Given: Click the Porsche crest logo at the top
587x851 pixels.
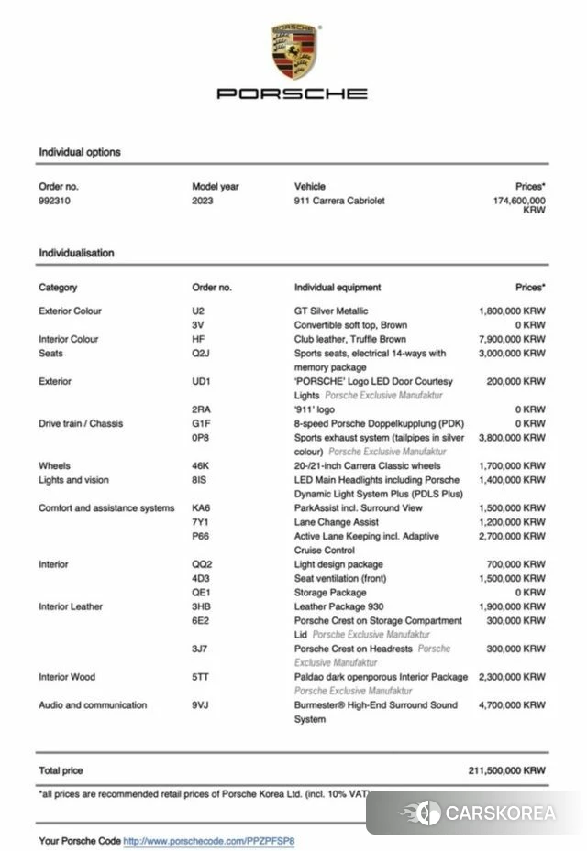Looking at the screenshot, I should (294, 51).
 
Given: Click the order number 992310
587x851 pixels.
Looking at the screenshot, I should (54, 201).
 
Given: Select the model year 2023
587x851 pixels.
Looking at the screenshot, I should (203, 201).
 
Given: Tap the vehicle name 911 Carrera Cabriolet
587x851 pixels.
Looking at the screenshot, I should (339, 201).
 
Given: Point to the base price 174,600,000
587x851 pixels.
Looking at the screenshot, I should (519, 201).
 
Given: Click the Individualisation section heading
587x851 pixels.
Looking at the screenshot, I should (76, 253).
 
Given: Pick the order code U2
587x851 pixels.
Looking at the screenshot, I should (198, 311).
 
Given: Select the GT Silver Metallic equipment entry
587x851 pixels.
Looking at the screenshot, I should (331, 311).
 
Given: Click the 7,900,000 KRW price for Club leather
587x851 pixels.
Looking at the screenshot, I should (512, 339).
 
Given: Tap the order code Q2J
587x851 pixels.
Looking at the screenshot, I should (201, 353).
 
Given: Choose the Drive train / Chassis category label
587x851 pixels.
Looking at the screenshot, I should (81, 423).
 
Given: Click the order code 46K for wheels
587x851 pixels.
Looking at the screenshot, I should (201, 465).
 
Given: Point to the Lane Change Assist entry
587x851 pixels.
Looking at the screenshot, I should (336, 522).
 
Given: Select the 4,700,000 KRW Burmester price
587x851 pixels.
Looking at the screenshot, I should (512, 705).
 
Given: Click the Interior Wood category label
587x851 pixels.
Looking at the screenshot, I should (67, 677).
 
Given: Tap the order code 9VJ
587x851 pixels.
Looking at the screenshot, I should (201, 705).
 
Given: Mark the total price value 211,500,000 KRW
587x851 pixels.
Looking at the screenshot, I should (506, 770).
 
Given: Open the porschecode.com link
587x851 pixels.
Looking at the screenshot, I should (209, 840).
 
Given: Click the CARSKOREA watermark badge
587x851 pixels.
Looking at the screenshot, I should (477, 813).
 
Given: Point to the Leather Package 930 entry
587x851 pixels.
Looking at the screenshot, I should (338, 606).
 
